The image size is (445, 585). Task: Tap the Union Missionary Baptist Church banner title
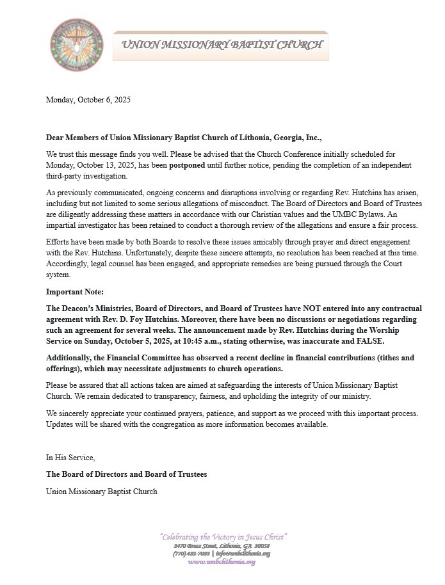(222, 45)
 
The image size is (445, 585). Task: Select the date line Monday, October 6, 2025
(88, 100)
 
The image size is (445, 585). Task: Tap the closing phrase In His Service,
(70, 458)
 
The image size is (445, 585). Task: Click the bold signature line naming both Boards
(126, 474)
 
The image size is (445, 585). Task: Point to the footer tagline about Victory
(223, 536)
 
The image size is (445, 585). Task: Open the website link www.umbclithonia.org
(222, 562)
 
